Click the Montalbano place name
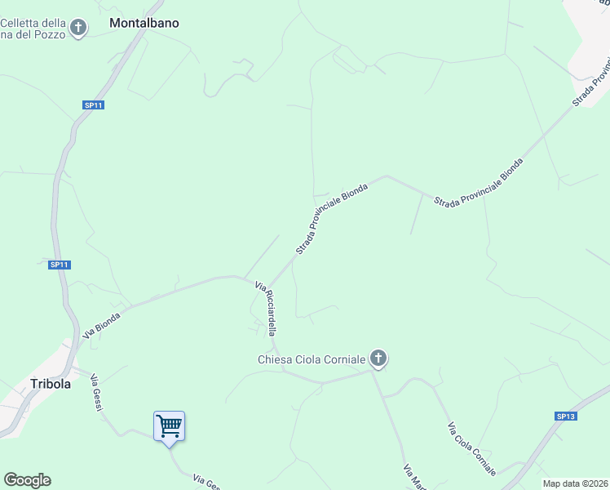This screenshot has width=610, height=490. coord(144,23)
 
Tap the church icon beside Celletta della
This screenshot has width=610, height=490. coord(78,29)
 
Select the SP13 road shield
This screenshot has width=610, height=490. coord(566,416)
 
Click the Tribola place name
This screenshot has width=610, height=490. coord(51,383)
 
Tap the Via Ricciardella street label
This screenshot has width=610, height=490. coord(266,310)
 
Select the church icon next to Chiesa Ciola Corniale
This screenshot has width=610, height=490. coord(378,358)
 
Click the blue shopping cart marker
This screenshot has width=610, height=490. coord(169,425)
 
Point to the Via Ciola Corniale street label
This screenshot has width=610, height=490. coord(471,449)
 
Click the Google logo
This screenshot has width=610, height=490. coord(27,480)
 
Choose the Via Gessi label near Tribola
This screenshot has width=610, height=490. coord(95,392)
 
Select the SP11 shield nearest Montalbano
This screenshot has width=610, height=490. coord(93,105)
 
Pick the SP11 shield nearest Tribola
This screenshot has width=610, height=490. coord(60,264)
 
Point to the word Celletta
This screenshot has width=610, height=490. coord(38,23)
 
